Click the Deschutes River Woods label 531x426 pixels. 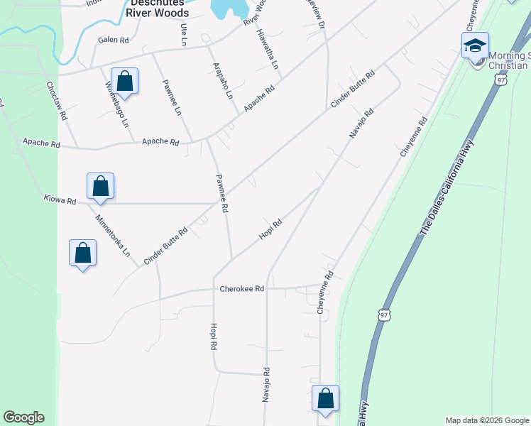(x=158, y=8)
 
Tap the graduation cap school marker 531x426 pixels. (x=474, y=47)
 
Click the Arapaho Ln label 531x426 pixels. (x=223, y=80)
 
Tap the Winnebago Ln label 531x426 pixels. (x=117, y=104)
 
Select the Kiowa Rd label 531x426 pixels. (x=60, y=201)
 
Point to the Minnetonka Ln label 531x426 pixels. (x=114, y=235)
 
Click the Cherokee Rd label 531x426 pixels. (x=241, y=289)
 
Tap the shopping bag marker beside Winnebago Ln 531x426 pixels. (x=124, y=82)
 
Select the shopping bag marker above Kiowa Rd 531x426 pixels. (x=101, y=186)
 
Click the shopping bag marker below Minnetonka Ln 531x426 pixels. (x=82, y=253)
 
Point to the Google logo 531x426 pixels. (x=23, y=417)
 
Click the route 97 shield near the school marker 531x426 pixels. (x=502, y=80)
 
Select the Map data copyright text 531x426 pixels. (x=487, y=420)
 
